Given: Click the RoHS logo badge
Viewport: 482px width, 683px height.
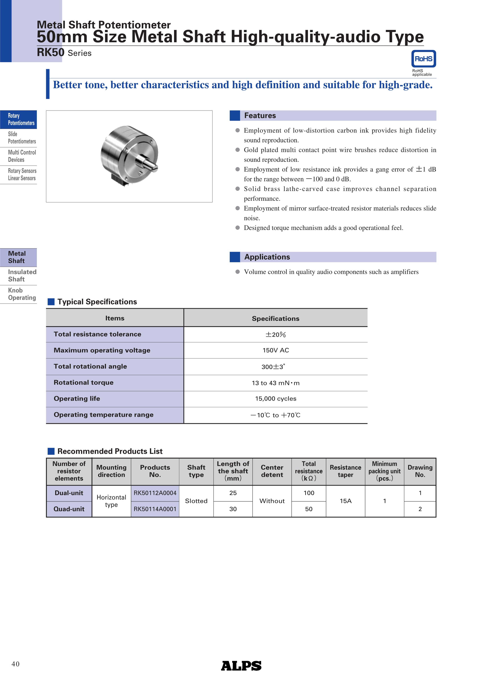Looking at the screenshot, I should [x=423, y=59].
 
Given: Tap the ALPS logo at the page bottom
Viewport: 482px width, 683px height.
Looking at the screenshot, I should [x=241, y=666].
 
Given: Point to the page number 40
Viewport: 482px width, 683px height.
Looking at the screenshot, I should [x=15, y=664].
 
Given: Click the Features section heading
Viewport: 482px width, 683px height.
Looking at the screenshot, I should [x=260, y=116].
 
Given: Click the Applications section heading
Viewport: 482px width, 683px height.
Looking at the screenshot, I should [x=267, y=257].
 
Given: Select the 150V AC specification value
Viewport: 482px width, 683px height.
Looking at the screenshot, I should [x=276, y=350].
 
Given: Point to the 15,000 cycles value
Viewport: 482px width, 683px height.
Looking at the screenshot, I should [x=276, y=399].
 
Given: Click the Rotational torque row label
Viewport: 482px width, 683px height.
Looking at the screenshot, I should [x=83, y=383].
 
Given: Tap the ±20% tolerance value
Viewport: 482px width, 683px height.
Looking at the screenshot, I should [x=276, y=335].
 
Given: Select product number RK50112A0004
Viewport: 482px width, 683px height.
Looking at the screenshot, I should [x=155, y=493].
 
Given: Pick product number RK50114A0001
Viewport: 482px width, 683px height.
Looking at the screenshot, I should [x=155, y=509].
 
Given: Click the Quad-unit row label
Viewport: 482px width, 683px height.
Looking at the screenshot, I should [x=69, y=509].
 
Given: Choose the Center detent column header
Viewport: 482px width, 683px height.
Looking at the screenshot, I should [x=272, y=471].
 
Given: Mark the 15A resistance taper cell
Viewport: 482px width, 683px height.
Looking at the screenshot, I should [x=345, y=501].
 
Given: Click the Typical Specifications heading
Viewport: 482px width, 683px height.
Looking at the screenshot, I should [x=97, y=302].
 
